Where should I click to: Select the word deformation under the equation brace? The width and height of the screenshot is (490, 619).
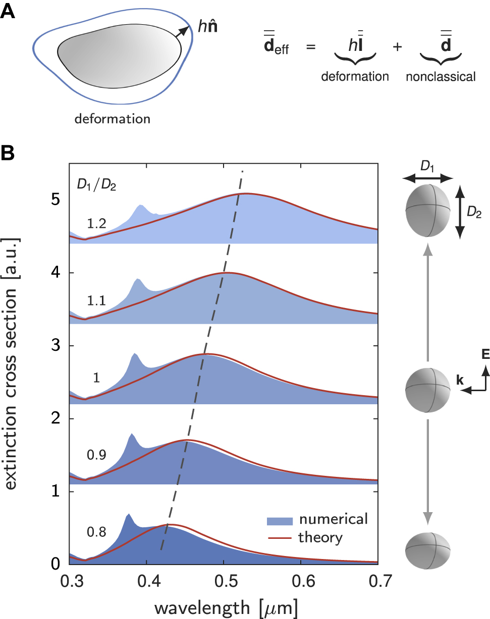tap(355, 77)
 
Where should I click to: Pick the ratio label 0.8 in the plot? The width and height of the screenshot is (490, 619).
tap(96, 532)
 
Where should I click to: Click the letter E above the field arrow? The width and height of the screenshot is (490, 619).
tap(485, 355)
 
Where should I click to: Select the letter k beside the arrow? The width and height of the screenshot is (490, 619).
tap(460, 380)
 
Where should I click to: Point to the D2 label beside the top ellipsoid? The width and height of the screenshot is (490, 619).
tap(474, 213)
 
